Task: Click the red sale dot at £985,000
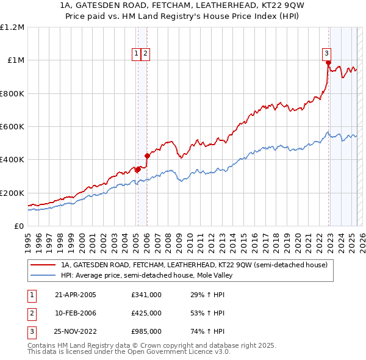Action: tap(328, 63)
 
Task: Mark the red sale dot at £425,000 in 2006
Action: tap(147, 156)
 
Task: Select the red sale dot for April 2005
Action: tap(138, 170)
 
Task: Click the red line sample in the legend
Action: tap(43, 265)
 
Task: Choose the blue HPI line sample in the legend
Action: tap(43, 275)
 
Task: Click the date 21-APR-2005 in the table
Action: tap(76, 295)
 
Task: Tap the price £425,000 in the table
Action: tap(146, 313)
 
